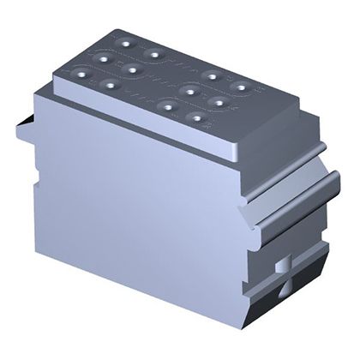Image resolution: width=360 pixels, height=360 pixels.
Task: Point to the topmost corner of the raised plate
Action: pyautogui.click(x=121, y=28)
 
